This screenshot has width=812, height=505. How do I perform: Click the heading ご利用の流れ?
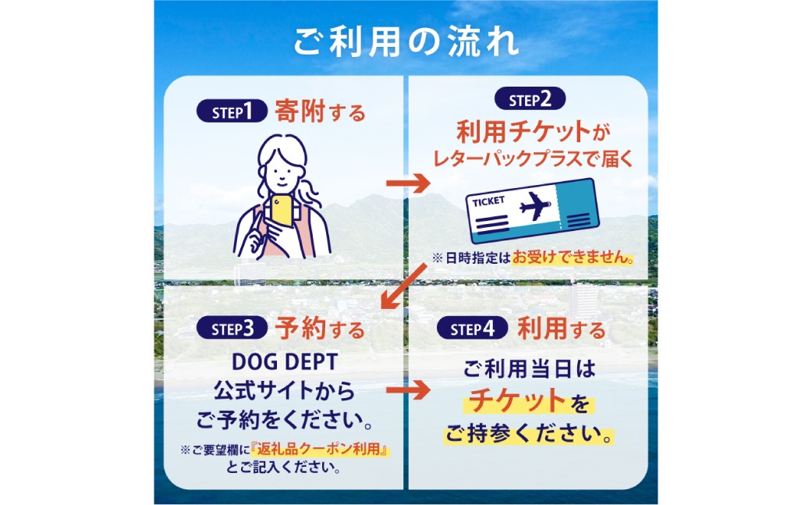(x=406, y=41)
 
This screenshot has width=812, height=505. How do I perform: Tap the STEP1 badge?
(x=232, y=112)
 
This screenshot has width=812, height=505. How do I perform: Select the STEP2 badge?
(x=530, y=99)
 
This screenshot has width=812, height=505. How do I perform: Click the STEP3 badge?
(x=232, y=329)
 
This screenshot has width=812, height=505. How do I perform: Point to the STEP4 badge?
(x=472, y=329)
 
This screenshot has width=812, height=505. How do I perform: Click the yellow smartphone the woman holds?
(x=282, y=209)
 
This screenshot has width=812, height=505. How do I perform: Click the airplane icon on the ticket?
(x=534, y=205)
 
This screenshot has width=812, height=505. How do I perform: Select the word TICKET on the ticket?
(x=488, y=201)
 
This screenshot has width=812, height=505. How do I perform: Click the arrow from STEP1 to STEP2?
(x=408, y=183)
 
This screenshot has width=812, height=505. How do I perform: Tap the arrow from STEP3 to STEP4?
(x=408, y=390)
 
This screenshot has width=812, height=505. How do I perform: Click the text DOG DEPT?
(x=285, y=361)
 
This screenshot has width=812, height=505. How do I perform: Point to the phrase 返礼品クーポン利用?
(x=319, y=449)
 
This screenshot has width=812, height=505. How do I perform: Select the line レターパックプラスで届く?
(x=533, y=158)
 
